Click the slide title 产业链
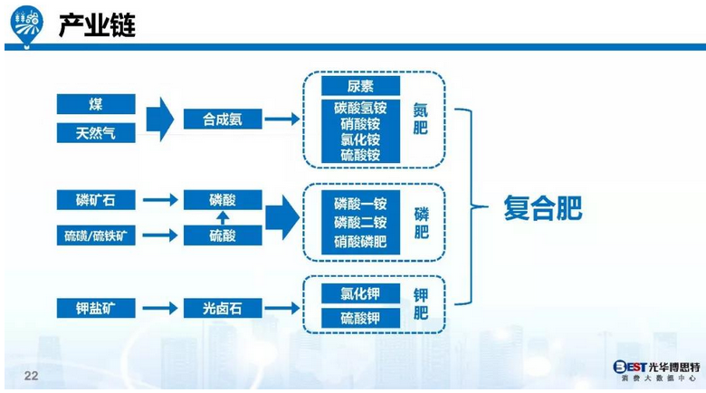point(97,25)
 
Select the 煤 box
point(96,104)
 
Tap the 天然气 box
point(96,133)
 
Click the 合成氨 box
point(222,119)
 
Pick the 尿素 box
point(359,86)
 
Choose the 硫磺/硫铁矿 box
point(96,235)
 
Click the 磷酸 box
point(222,199)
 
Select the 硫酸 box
point(222,235)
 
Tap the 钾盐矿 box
point(96,308)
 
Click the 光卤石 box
point(222,308)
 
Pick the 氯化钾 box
point(359,293)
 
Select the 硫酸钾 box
point(359,318)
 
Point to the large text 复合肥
point(542,209)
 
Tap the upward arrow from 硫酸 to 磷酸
point(222,217)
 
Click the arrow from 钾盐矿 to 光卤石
point(158,308)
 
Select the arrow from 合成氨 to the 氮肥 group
point(281,119)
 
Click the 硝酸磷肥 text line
point(359,242)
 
